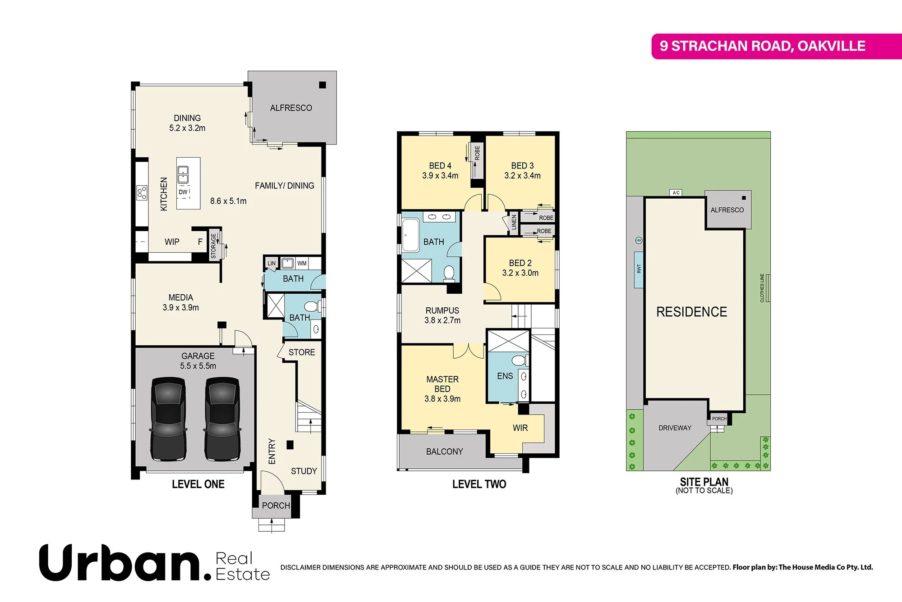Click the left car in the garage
point(168,419)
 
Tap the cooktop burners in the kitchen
point(142,193)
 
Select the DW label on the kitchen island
point(183,192)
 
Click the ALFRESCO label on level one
point(291,108)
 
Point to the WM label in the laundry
point(302,263)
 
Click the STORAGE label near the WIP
point(214,246)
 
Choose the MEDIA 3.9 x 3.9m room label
point(180,302)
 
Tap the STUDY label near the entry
point(304,471)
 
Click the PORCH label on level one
point(276,506)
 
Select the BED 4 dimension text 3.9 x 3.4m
point(440,176)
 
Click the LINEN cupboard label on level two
point(514,222)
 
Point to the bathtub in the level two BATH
point(410,235)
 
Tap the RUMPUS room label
point(442,310)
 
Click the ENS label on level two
point(505,376)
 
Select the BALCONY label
point(444,451)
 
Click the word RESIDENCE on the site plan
point(691,312)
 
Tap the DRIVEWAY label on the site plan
point(675,428)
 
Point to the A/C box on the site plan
point(676,193)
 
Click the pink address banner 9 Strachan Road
point(762,46)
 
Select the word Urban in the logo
point(120,563)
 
